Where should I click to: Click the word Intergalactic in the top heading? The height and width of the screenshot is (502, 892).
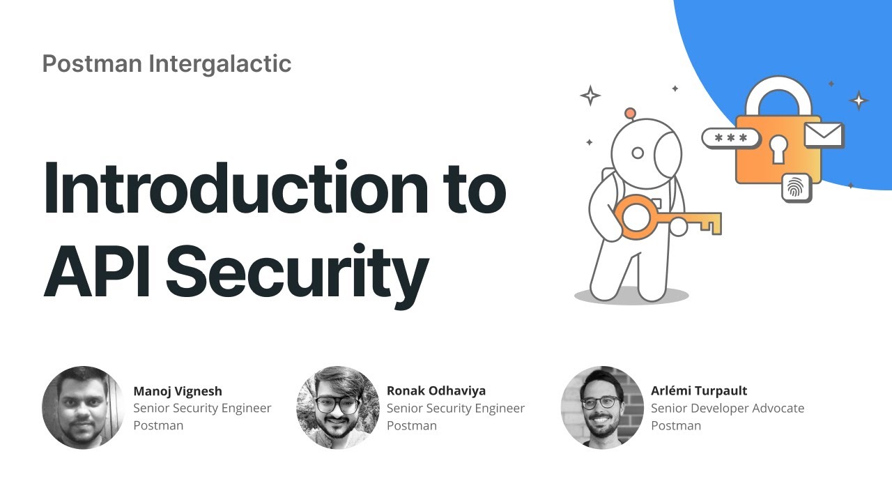[220, 63]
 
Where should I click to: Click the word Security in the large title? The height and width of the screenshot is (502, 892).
[295, 268]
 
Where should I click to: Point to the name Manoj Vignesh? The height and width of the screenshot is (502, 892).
[178, 390]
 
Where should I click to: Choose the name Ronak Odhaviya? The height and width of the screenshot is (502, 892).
[436, 390]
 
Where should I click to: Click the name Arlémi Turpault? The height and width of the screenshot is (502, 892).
[699, 390]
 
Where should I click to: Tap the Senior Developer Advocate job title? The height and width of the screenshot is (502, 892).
[728, 408]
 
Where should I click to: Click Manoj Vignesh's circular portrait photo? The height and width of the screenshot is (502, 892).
[83, 407]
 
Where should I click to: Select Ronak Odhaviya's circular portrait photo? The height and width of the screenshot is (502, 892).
[338, 407]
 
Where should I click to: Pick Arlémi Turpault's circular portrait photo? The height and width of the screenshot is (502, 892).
[602, 407]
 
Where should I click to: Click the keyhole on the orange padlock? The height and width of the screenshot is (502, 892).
[778, 147]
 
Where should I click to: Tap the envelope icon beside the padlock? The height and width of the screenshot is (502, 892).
[824, 135]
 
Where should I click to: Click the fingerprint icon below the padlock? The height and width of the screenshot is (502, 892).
[796, 188]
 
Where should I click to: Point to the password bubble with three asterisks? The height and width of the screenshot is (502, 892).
[730, 137]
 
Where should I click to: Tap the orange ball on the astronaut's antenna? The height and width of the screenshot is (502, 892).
[630, 113]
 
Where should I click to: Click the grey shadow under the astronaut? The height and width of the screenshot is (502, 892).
[631, 296]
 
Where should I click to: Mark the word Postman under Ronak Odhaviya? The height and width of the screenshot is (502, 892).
[412, 425]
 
